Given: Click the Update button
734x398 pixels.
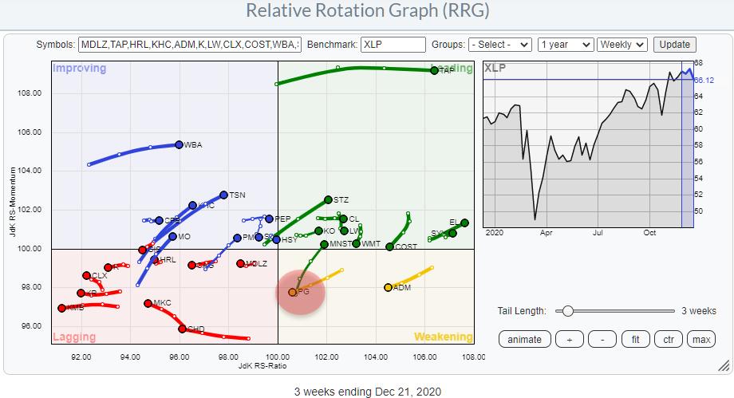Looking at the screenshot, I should click(674, 45).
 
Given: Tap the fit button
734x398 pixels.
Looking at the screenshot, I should click(636, 339).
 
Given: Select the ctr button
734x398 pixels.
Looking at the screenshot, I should click(669, 339).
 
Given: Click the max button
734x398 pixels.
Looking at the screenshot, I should click(701, 339).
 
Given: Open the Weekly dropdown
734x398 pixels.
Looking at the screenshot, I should click(623, 45).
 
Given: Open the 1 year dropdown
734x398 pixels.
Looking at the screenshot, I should click(566, 45).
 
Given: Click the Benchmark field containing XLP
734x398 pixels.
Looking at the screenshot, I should click(393, 45).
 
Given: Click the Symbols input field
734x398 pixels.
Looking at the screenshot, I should click(190, 45).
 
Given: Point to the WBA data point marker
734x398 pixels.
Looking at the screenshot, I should click(179, 145).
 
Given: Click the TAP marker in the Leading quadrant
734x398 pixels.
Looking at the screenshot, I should click(434, 70).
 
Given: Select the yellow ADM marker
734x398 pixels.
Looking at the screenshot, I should click(388, 287).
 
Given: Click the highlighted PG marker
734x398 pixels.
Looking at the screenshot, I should click(293, 292).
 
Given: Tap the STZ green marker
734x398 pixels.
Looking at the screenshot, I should click(328, 199).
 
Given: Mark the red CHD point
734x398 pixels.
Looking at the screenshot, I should click(182, 329).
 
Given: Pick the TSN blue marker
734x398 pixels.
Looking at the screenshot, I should click(223, 195).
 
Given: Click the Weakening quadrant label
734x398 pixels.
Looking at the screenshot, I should click(444, 337).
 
